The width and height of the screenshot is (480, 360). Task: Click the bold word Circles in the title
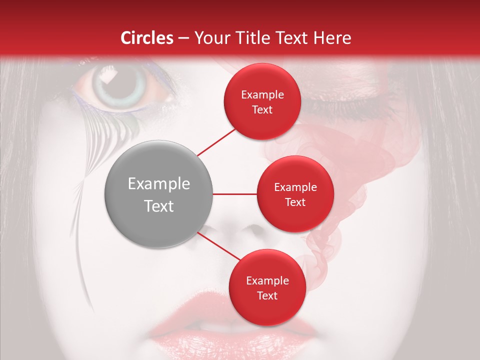147,38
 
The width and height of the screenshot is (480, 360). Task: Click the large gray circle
159,194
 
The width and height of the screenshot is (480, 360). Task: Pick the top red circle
262,101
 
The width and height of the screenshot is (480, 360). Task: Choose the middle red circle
295,194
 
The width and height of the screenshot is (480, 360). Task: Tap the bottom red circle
267,287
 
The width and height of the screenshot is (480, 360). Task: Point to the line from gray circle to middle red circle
235,194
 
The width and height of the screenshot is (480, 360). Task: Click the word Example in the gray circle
159,184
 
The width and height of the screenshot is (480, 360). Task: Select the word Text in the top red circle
262,109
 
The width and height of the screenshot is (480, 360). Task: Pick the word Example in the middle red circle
295,187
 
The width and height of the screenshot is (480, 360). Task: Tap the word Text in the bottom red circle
267,295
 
